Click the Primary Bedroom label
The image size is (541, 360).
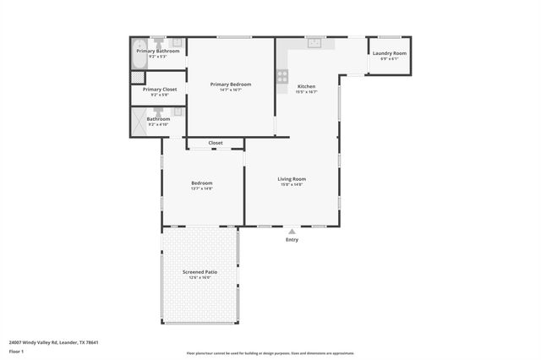(x=231, y=84)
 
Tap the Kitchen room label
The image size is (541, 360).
(x=306, y=87)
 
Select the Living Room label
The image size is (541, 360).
(x=292, y=178)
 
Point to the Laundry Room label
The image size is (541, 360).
(x=389, y=53)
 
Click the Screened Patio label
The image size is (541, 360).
(x=200, y=272)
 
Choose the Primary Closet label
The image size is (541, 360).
(x=159, y=89)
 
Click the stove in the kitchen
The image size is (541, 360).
(x=282, y=77)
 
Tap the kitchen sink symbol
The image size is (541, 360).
(x=314, y=41)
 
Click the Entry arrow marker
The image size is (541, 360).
(x=292, y=231)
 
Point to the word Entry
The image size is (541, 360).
(x=292, y=240)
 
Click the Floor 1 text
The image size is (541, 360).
(x=16, y=350)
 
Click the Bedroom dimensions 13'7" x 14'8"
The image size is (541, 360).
(x=201, y=188)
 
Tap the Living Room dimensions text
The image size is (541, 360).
(x=292, y=184)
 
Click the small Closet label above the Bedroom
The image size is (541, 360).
(x=216, y=143)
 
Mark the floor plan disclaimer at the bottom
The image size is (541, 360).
(x=270, y=353)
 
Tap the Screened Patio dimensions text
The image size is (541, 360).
(x=200, y=278)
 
